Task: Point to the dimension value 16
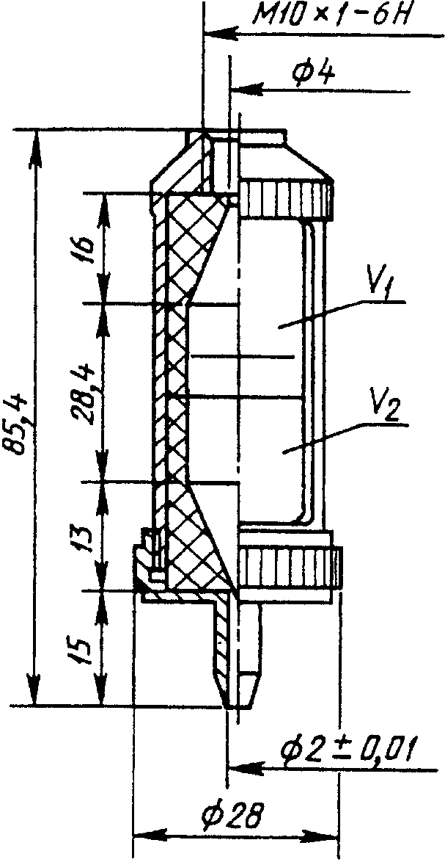pyautogui.click(x=83, y=250)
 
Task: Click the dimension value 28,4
pyautogui.click(x=83, y=393)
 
